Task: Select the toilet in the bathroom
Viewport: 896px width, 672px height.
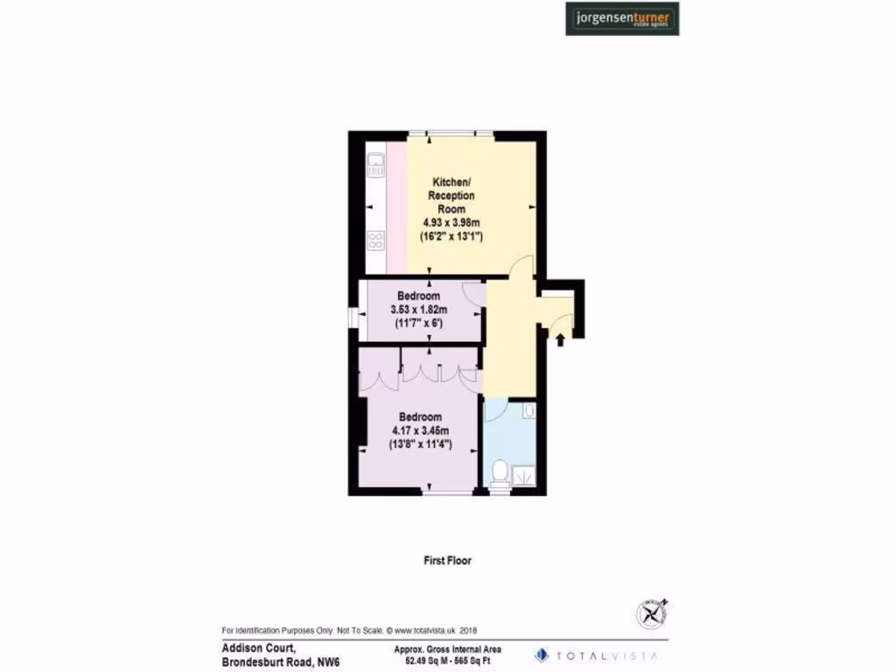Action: click(500, 473)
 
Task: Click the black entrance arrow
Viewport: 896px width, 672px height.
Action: click(560, 338)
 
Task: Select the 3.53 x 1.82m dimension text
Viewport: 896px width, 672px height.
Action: click(417, 310)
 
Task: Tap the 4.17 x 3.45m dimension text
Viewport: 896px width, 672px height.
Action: click(419, 430)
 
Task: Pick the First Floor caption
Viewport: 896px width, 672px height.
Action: click(447, 560)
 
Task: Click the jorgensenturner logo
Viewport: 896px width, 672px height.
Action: click(622, 18)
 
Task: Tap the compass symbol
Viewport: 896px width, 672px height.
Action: click(652, 613)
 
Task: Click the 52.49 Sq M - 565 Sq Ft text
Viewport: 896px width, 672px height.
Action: click(441, 661)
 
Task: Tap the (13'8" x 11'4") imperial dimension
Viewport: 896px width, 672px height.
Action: click(419, 444)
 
